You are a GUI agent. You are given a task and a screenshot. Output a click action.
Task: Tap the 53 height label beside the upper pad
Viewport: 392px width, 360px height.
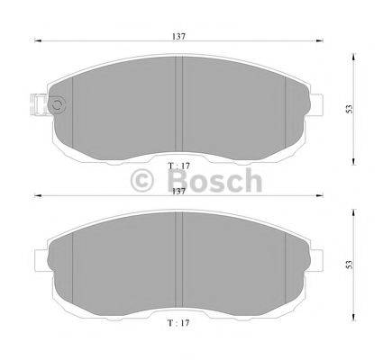(x=348, y=107)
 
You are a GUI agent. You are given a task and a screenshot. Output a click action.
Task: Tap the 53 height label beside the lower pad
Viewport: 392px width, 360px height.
(x=348, y=266)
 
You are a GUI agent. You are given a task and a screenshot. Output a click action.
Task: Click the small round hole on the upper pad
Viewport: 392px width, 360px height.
(x=59, y=105)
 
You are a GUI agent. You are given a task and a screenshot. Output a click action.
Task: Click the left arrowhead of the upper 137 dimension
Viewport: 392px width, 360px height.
(x=38, y=40)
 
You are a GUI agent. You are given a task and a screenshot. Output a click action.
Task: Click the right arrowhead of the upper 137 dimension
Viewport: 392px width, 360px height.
(x=322, y=40)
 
